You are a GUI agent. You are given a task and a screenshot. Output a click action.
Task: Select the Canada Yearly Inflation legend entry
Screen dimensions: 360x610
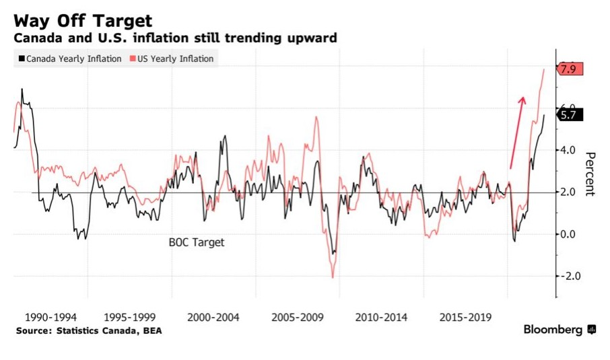point(70,59)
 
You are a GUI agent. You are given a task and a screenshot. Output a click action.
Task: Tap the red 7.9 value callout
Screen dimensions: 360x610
point(568,69)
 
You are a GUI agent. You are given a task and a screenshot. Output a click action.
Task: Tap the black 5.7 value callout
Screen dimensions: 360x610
point(568,114)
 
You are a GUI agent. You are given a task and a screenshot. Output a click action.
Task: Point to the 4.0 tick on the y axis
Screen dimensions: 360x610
point(570,150)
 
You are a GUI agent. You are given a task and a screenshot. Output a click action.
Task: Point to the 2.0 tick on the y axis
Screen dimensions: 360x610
point(570,192)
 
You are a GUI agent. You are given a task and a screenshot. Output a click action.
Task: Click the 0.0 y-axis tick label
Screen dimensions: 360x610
point(570,234)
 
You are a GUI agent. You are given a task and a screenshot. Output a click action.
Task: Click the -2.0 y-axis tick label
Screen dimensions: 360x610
point(568,277)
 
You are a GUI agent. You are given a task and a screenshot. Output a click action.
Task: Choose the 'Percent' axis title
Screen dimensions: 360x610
point(590,174)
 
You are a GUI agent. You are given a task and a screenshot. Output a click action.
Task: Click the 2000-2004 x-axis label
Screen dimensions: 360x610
point(213,317)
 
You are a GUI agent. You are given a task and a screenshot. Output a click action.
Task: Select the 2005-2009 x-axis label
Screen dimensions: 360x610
point(298,317)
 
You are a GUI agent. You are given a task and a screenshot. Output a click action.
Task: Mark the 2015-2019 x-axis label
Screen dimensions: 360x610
point(465,317)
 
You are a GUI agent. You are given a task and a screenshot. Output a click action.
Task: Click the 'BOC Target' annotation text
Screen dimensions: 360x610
point(196,242)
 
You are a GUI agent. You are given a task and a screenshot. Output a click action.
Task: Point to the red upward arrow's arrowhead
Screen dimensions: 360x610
point(522,100)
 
